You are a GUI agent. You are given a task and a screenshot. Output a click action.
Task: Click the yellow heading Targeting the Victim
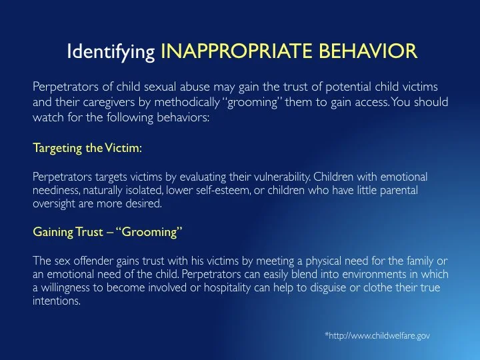87,149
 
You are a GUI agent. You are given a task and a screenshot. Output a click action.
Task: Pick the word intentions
56,301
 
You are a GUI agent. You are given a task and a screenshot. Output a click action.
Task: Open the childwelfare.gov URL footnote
377,336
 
